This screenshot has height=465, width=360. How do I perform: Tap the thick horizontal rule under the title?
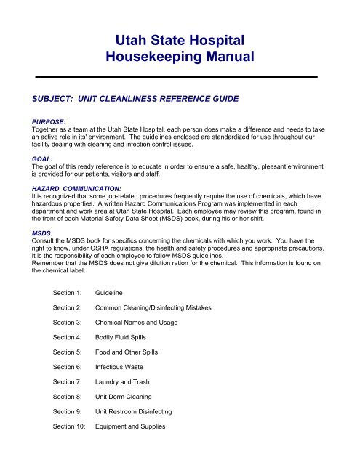(x=179, y=76)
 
